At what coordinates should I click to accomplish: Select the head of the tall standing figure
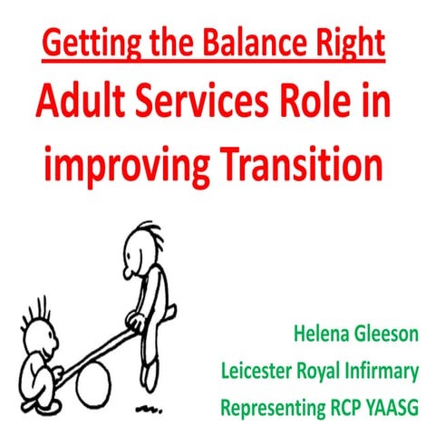tap(143, 244)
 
